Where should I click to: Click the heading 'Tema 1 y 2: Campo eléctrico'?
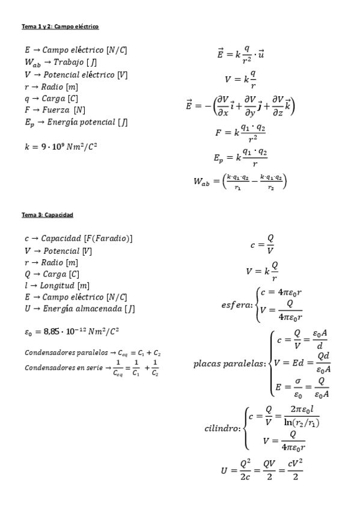tap(60, 26)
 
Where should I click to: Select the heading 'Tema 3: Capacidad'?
tap(47, 214)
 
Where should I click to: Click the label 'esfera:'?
tap(237, 305)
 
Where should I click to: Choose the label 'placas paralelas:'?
tap(230, 364)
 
